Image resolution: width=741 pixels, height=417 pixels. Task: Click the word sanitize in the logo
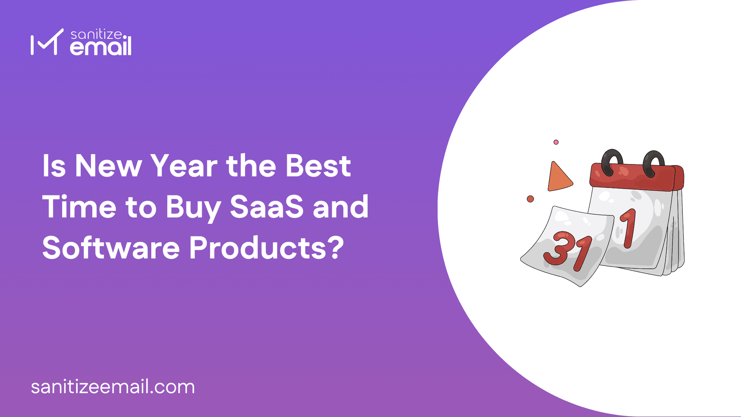96,34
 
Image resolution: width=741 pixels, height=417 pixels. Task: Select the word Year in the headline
184,166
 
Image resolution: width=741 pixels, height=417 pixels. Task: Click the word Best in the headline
318,166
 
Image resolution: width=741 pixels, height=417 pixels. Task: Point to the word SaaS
267,207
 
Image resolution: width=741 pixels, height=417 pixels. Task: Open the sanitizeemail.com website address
113,387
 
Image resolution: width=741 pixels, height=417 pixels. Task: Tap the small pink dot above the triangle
556,142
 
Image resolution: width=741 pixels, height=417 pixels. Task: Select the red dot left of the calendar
530,199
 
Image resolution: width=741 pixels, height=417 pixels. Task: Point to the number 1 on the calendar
629,228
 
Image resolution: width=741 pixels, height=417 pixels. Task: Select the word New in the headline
108,166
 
